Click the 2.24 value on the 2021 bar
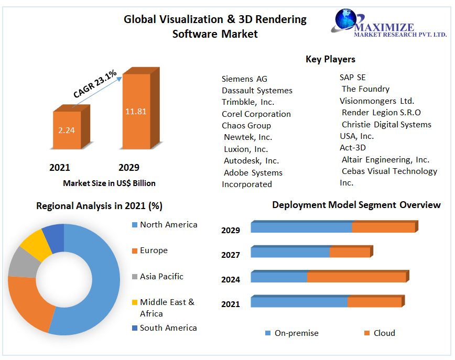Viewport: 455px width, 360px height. point(67,130)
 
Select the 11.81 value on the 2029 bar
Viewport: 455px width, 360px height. point(136,111)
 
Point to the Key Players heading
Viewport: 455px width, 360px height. point(330,59)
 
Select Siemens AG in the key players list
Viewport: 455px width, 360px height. point(244,79)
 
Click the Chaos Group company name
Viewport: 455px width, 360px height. point(246,126)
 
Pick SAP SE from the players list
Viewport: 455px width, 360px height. point(353,78)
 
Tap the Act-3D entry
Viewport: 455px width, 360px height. point(353,148)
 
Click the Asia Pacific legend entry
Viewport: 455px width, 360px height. point(161,277)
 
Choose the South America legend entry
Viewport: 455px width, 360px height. point(168,328)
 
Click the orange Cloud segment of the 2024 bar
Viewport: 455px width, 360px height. point(356,277)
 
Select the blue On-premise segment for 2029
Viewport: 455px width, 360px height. point(301,227)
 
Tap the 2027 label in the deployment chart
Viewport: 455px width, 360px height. point(231,255)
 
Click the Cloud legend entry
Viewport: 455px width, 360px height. point(384,333)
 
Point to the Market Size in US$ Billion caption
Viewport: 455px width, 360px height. point(109,183)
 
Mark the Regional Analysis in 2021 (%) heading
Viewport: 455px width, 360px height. point(99,206)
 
